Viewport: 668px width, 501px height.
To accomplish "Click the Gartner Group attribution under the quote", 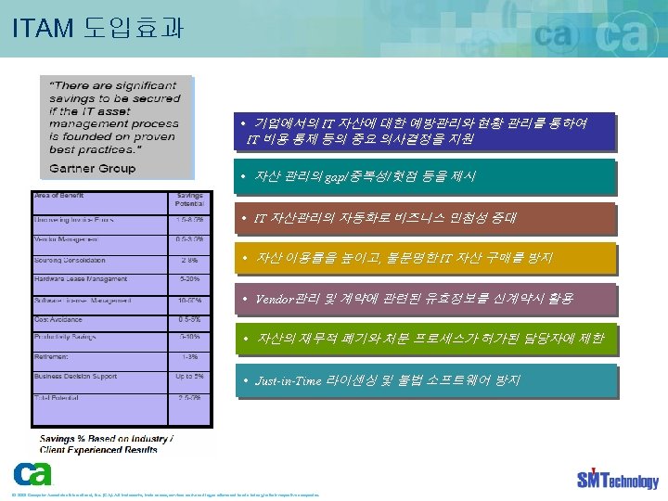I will click(92, 168).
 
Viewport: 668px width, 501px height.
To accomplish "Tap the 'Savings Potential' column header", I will click(190, 200).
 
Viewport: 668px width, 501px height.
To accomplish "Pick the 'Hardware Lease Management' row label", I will click(81, 278).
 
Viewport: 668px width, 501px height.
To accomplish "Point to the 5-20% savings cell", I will click(190, 278).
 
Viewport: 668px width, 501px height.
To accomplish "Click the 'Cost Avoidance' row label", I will click(58, 318).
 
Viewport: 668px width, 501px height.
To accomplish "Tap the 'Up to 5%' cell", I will click(190, 377).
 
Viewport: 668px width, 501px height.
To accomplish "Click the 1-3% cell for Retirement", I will click(190, 357).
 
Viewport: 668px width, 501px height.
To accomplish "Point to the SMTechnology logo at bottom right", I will click(616, 478).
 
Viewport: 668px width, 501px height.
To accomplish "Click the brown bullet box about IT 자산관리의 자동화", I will click(424, 219).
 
